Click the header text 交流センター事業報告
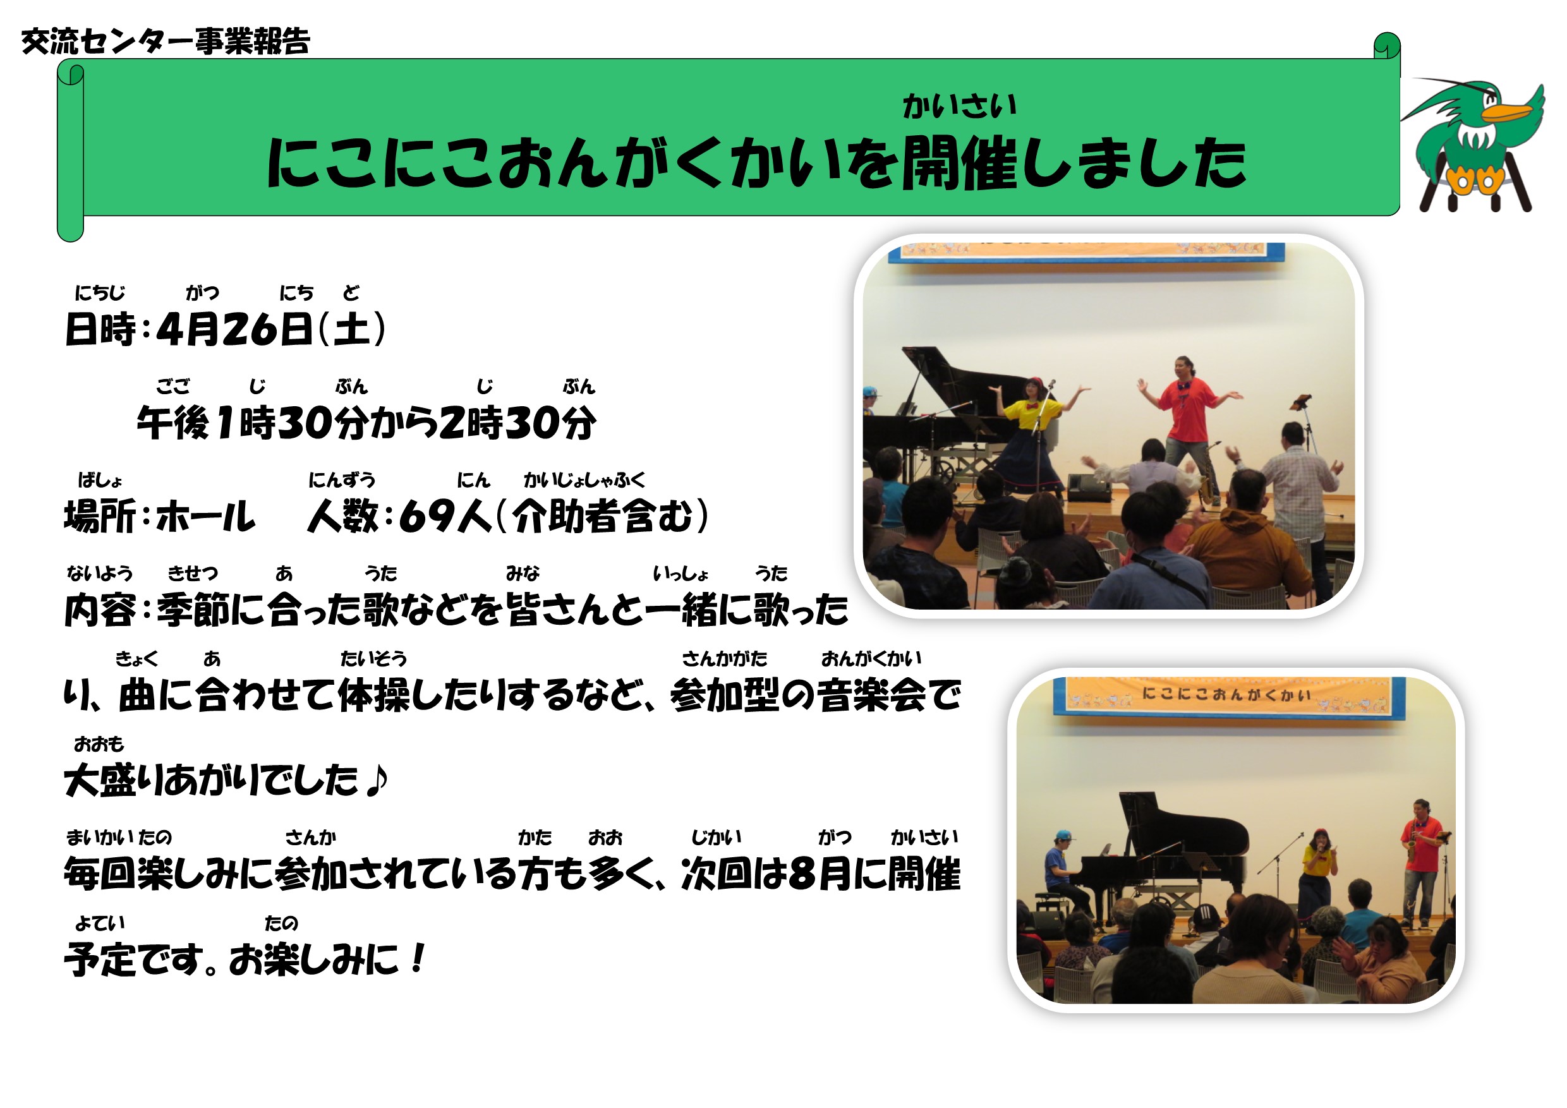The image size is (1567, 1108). (x=166, y=42)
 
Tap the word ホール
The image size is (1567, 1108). (x=205, y=517)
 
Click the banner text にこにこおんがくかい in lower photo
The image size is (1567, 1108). (x=1226, y=694)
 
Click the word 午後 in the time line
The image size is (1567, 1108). (x=172, y=423)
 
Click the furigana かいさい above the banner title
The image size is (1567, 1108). (x=960, y=106)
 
